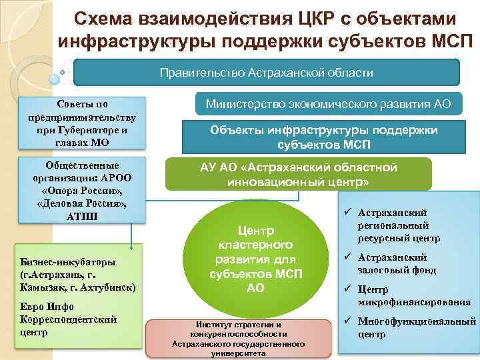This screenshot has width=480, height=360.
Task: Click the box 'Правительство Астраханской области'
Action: [266, 72]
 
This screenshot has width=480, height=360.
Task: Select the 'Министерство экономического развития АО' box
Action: [328, 104]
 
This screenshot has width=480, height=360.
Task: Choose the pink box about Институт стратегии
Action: [238, 339]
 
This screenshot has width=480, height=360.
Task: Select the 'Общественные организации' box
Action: [82, 190]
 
